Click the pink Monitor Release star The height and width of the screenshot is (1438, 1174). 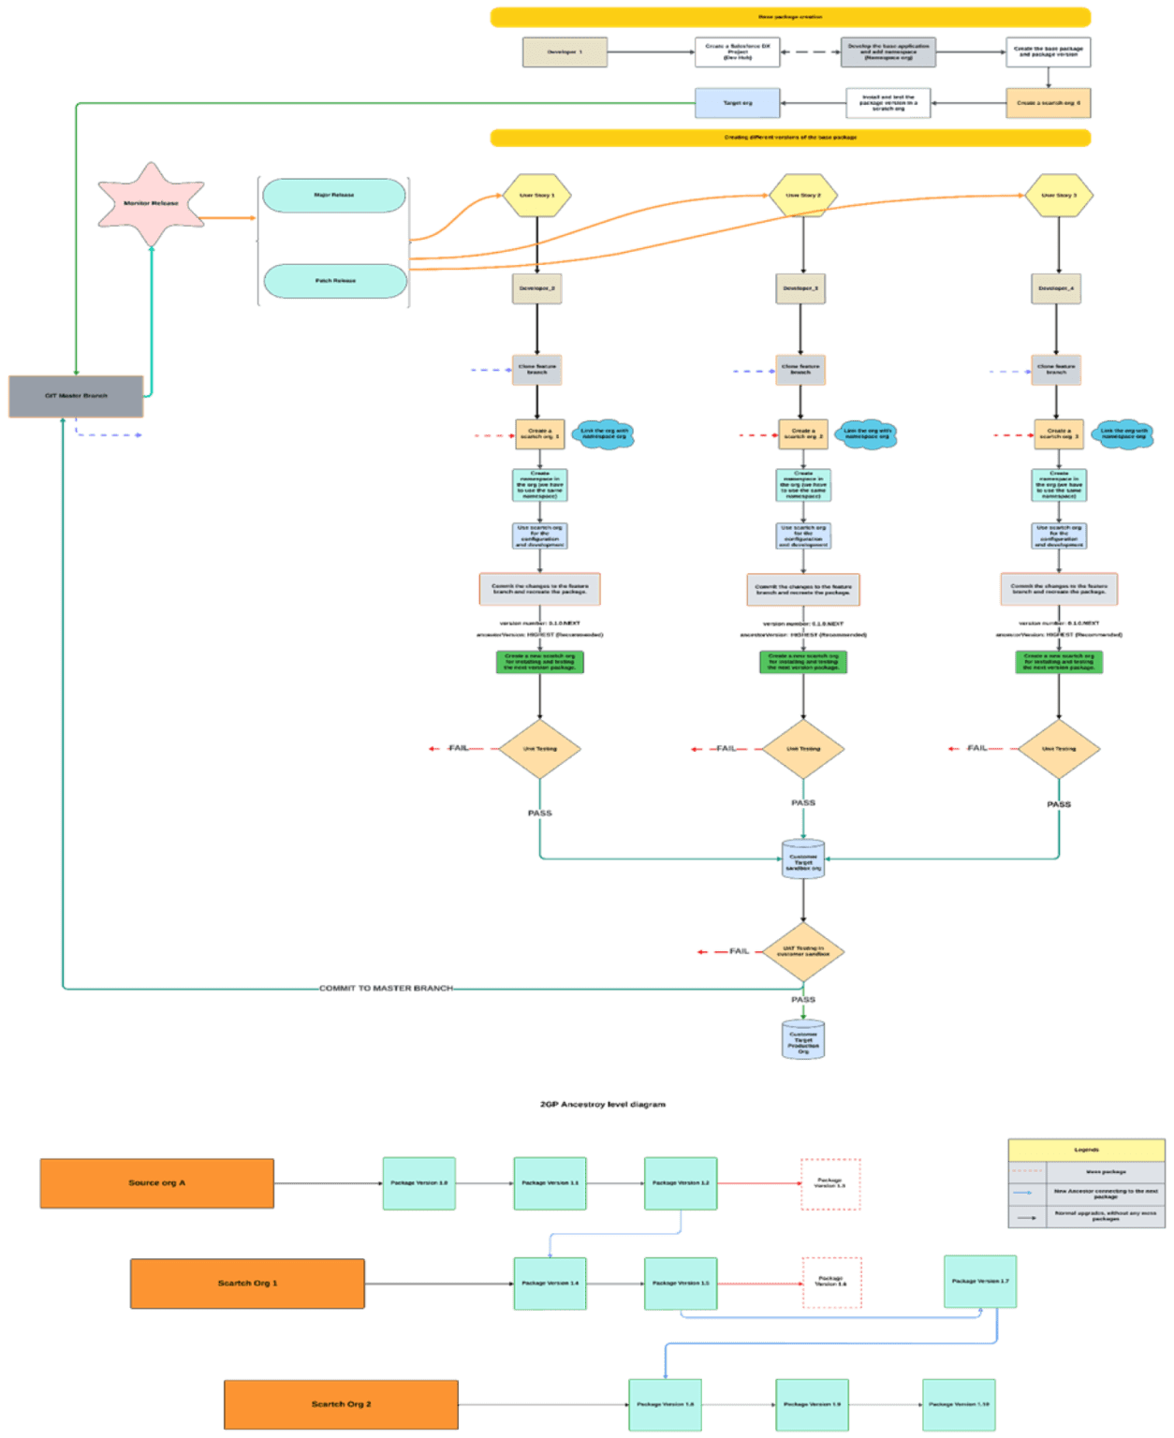point(151,203)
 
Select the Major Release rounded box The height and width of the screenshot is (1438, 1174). point(334,196)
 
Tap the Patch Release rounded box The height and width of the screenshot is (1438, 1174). point(335,281)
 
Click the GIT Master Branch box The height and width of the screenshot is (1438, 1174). point(76,396)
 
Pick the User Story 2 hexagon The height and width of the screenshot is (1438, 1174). point(802,196)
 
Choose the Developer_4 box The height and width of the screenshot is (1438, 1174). point(1056,288)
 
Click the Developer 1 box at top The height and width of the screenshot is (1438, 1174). point(565,52)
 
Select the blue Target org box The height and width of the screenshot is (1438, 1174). point(737,103)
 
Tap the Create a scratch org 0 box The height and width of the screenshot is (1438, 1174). point(1048,103)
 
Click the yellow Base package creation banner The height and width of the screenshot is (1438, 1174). point(790,17)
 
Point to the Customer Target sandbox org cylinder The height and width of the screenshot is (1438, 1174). point(802,859)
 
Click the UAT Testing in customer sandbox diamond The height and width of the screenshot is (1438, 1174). point(803,952)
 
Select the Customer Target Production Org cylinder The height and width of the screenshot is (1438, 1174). point(802,1040)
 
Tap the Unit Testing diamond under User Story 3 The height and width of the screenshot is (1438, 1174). point(1059,749)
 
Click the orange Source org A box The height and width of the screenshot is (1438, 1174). point(157,1183)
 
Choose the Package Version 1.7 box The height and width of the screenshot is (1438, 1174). point(980,1282)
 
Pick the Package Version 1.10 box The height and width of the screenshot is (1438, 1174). point(959,1404)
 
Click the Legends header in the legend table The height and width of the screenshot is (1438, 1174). point(1086,1150)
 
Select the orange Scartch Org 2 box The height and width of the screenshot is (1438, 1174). point(341,1404)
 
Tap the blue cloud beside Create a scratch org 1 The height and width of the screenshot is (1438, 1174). point(604,434)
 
